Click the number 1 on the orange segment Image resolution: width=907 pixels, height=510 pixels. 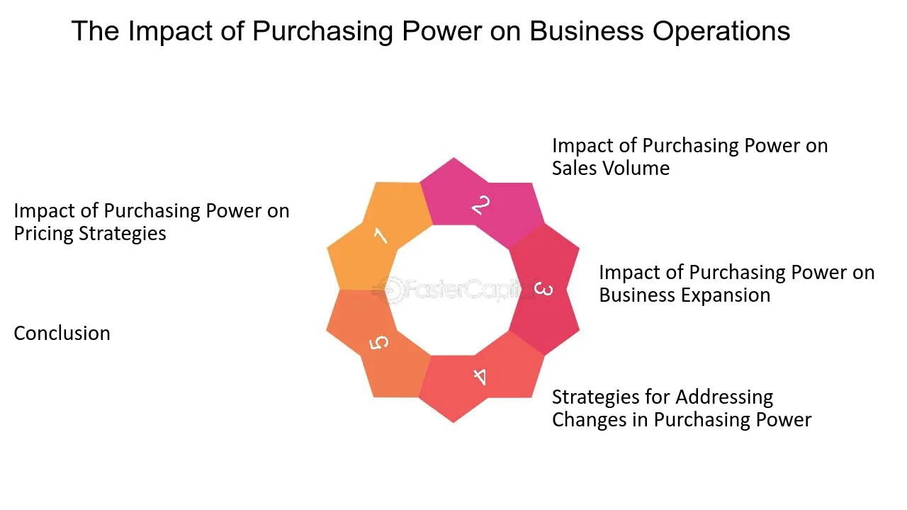(381, 234)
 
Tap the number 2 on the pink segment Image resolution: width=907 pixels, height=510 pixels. (480, 205)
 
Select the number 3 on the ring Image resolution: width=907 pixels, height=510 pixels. (543, 289)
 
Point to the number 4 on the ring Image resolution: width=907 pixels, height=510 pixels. (480, 376)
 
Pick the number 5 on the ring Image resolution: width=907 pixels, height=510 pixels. (380, 342)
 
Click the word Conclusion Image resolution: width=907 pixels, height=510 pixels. (62, 334)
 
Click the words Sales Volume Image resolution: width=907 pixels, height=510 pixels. (610, 169)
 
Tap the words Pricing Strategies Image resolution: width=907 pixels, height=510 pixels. (90, 234)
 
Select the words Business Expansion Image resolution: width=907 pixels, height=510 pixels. (684, 295)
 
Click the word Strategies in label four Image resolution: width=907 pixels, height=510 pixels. (593, 397)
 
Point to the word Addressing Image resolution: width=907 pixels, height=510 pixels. (710, 397)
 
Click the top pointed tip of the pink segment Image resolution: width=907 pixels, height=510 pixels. (453, 159)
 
